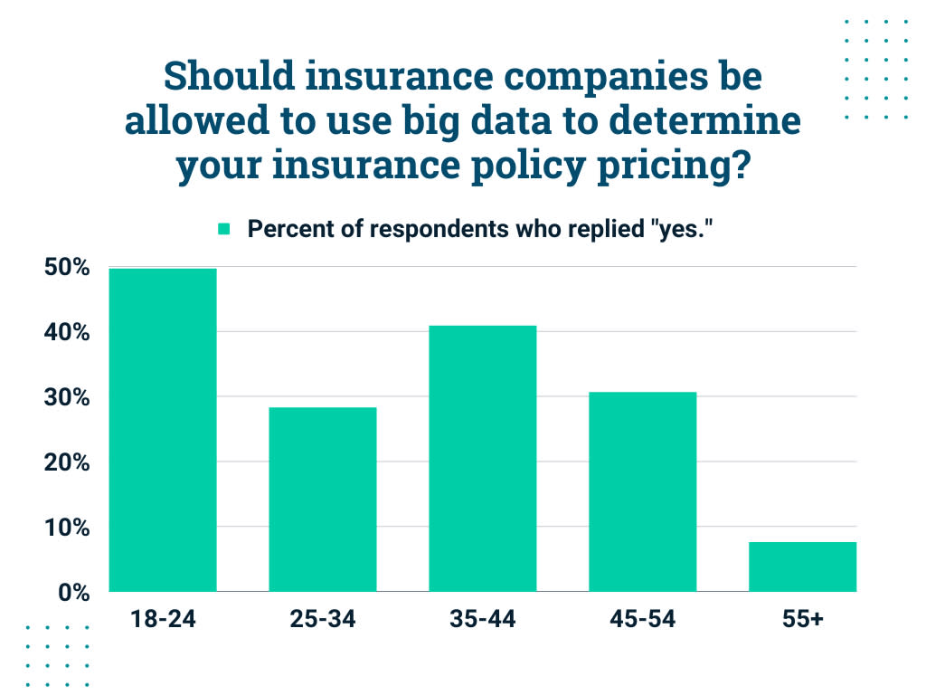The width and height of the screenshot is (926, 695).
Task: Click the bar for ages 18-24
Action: pyautogui.click(x=163, y=430)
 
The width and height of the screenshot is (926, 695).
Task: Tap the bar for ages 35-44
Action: pyautogui.click(x=483, y=458)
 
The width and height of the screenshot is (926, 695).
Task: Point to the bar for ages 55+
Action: pyautogui.click(x=802, y=566)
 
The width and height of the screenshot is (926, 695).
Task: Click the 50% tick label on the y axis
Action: pyautogui.click(x=67, y=268)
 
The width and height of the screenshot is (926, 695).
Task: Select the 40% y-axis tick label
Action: pyautogui.click(x=67, y=333)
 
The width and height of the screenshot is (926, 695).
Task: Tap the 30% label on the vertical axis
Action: pyautogui.click(x=67, y=398)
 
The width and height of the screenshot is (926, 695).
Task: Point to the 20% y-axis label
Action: pyautogui.click(x=67, y=463)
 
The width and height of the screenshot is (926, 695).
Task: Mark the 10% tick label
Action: pyautogui.click(x=67, y=528)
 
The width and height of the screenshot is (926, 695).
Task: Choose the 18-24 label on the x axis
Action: pyautogui.click(x=163, y=620)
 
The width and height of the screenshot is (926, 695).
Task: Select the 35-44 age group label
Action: pyautogui.click(x=483, y=620)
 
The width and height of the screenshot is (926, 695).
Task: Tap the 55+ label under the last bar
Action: pyautogui.click(x=802, y=620)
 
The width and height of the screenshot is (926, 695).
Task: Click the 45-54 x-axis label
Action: pyautogui.click(x=642, y=620)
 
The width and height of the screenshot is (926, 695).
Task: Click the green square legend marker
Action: pyautogui.click(x=224, y=229)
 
